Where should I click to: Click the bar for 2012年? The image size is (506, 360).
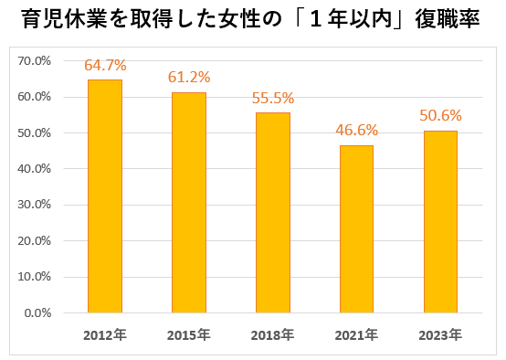(x=105, y=196)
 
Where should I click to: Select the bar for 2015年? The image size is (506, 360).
(x=189, y=203)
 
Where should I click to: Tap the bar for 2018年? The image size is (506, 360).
(x=273, y=213)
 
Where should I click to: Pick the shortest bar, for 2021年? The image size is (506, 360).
(x=356, y=229)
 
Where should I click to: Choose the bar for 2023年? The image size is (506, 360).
(x=440, y=222)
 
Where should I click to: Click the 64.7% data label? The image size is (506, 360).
(x=105, y=65)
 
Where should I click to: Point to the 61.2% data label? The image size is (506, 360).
(x=189, y=78)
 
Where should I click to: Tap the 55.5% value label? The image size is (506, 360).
(x=273, y=98)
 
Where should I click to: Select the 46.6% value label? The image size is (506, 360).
(x=356, y=131)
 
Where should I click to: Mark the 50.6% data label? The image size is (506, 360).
(x=440, y=116)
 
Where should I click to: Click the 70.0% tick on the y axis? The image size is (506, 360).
(x=34, y=60)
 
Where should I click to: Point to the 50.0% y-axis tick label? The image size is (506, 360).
(x=34, y=133)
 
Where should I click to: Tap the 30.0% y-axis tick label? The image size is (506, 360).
(x=34, y=205)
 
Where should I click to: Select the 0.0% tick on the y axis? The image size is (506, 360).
(x=37, y=312)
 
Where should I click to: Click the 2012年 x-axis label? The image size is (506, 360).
(x=105, y=335)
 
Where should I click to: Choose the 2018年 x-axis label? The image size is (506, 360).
(x=273, y=335)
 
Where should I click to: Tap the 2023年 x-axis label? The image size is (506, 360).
(x=440, y=335)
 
